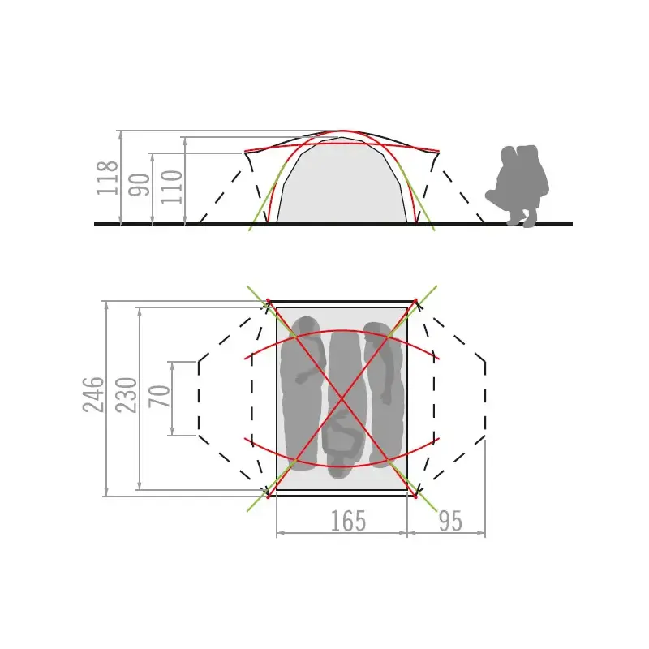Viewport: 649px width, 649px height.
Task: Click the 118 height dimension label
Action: tap(107, 178)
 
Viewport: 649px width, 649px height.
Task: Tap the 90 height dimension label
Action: tap(139, 185)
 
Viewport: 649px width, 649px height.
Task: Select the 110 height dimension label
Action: tap(171, 187)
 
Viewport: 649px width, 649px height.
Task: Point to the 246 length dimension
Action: tap(93, 395)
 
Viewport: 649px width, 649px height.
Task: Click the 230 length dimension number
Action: tap(126, 395)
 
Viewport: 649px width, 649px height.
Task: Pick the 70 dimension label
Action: tap(159, 396)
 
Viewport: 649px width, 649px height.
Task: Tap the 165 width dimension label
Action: tap(348, 521)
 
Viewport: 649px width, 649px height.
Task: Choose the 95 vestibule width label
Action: tap(450, 521)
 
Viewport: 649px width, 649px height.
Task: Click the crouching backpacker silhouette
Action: tap(518, 186)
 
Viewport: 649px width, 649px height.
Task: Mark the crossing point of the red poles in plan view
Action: tap(342, 399)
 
